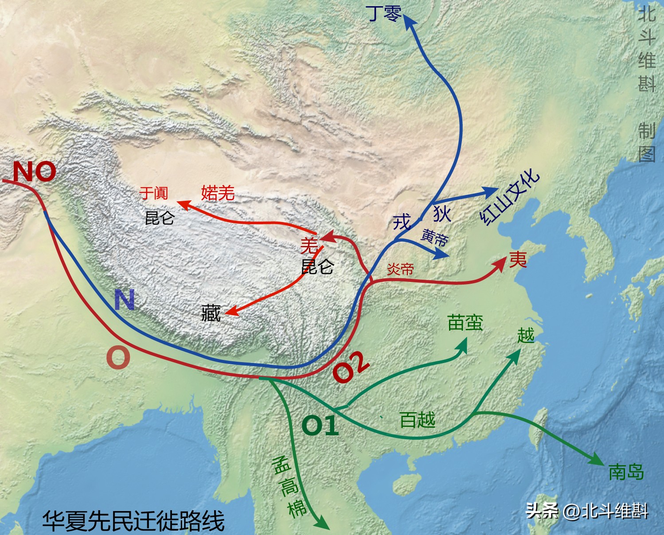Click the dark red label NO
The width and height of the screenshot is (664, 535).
pos(35,172)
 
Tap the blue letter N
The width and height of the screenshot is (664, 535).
pos(124,300)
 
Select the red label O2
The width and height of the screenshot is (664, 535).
pos(351,367)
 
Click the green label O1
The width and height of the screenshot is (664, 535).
pos(320,426)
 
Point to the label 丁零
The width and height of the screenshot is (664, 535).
pos(384,13)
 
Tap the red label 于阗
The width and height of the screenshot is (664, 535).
pos(153,193)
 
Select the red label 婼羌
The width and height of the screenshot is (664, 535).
pos(218,193)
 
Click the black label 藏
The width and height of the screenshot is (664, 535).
pos(211,313)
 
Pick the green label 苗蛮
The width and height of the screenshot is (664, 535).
pos(465,323)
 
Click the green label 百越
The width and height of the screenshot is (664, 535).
pos(417,420)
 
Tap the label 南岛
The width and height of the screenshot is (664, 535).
pos(626,472)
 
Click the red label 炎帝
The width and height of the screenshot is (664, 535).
pos(400,269)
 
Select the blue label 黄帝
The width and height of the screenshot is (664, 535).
pos(434,238)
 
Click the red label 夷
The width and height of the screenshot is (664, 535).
pos(518,260)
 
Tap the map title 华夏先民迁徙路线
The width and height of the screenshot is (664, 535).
pos(133,521)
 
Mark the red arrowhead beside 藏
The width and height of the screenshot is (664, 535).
pos(231,312)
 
